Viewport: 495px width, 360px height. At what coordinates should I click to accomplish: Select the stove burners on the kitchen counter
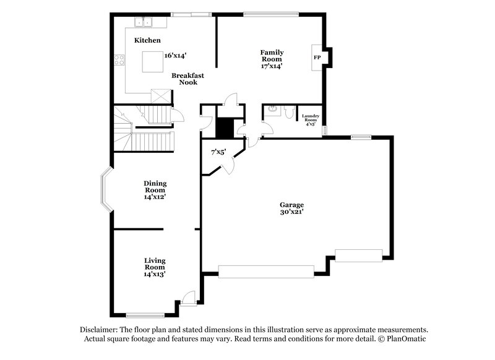click(119, 61)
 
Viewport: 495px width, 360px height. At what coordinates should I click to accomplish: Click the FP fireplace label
click(317, 58)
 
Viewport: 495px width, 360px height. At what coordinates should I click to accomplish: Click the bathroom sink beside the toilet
click(271, 111)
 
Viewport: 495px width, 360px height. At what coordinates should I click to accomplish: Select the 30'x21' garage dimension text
click(291, 212)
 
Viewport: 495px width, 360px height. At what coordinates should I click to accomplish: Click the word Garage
click(291, 204)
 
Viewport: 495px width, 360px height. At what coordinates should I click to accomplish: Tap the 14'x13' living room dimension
click(155, 273)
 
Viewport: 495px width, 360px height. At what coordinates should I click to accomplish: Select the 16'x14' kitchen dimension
click(176, 55)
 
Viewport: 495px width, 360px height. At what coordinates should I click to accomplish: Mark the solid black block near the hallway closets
click(224, 128)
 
